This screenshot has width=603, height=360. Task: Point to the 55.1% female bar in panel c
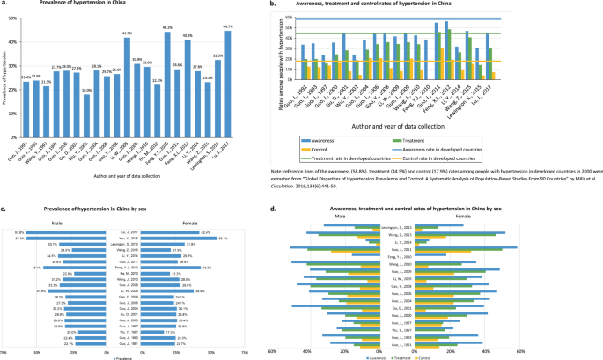tap(189, 238)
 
